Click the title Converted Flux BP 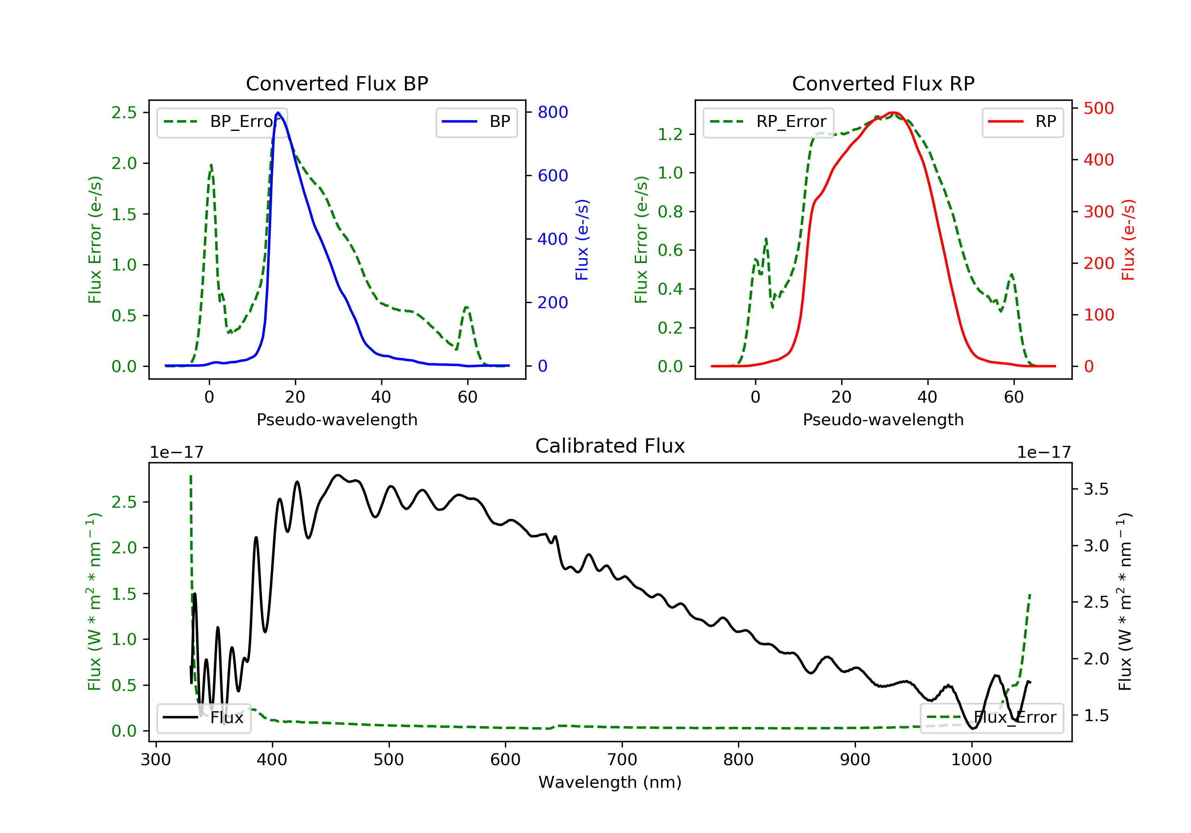coord(337,83)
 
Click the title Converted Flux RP coord(883,83)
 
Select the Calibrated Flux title coord(610,446)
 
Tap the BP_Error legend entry coord(222,122)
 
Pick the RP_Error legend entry coord(768,122)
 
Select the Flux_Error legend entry coord(992,718)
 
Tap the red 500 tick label coord(1098,108)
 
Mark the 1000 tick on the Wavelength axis coord(971,760)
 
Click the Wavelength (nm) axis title coord(610,782)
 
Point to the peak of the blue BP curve coord(278,113)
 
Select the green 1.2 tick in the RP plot coord(670,134)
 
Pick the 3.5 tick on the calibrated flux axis coord(1096,489)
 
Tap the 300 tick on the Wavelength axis coord(156,760)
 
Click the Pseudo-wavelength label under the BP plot coord(337,419)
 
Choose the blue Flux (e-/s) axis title coord(582,240)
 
